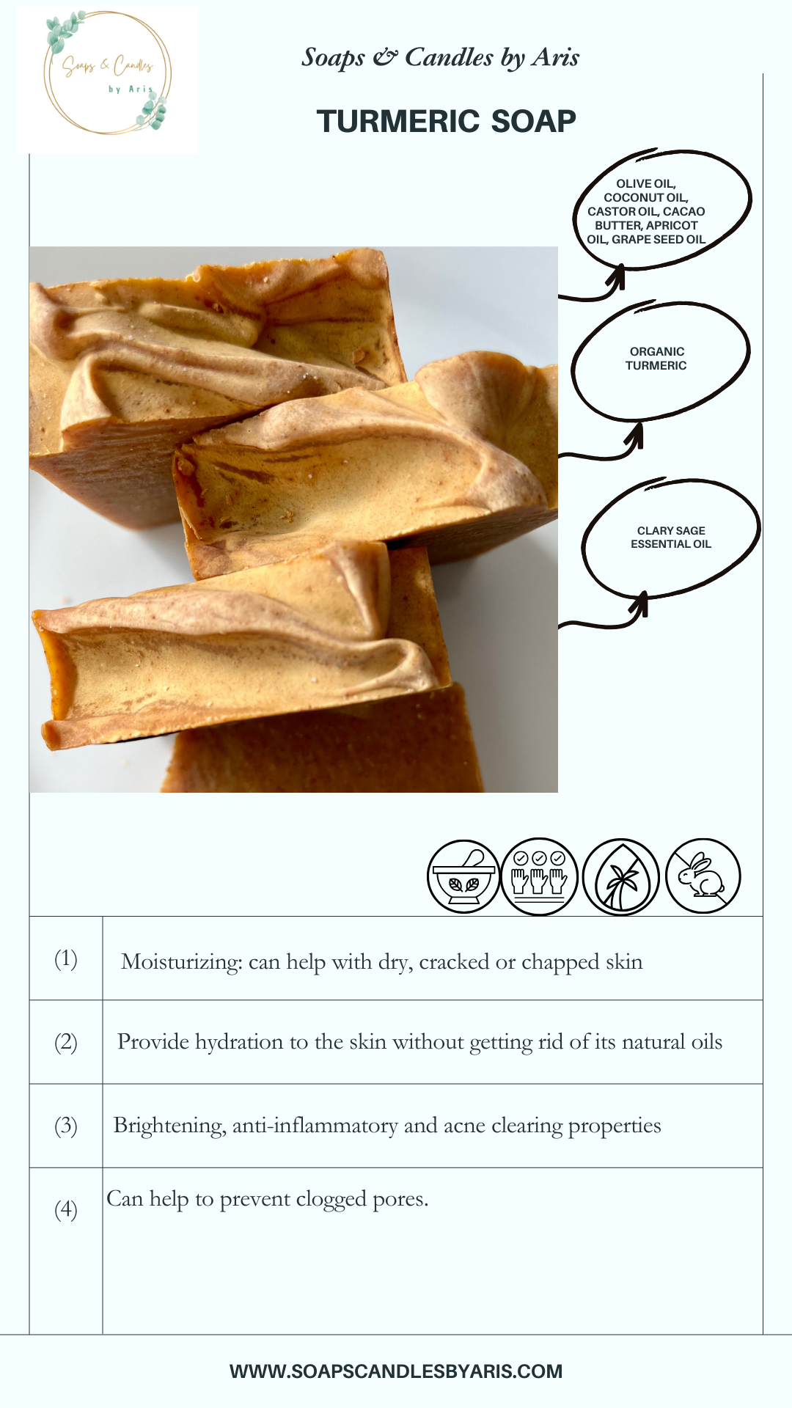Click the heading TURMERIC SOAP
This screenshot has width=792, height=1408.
[x=446, y=121]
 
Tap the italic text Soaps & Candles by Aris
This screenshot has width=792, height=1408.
[x=441, y=57]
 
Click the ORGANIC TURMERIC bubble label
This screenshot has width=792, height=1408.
[x=656, y=359]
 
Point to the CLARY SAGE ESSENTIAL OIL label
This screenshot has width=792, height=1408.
[x=671, y=538]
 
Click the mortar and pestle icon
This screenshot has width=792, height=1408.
[x=463, y=876]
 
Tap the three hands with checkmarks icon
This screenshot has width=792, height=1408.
[x=540, y=876]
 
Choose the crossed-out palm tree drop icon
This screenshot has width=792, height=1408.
[x=621, y=877]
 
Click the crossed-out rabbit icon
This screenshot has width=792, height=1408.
[x=703, y=876]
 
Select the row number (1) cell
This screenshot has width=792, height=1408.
[x=66, y=958]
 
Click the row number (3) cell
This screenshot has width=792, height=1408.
[x=66, y=1126]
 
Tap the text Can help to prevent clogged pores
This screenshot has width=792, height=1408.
[x=268, y=1199]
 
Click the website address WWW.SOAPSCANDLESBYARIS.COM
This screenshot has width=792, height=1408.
[x=396, y=1371]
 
